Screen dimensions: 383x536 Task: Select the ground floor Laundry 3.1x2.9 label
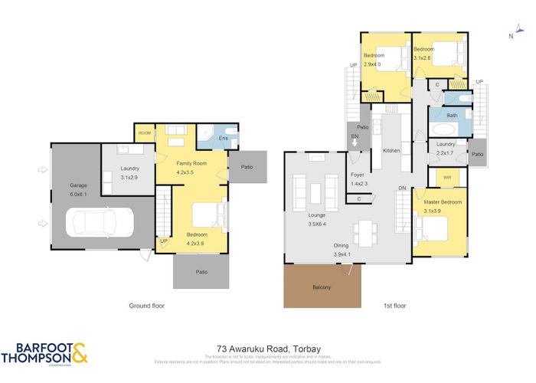tap(129, 172)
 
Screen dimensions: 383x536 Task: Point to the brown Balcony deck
tap(322, 286)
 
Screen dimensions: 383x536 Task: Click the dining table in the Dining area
tap(364, 230)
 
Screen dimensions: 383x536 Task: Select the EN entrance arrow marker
tap(355, 141)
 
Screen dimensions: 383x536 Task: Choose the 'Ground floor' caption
tap(147, 305)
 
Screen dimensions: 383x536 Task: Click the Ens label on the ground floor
tap(224, 138)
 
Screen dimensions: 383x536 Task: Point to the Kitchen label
tap(391, 151)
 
